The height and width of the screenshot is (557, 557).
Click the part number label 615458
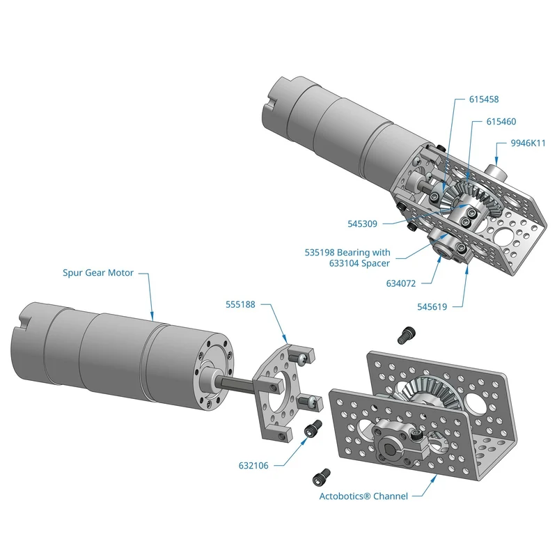tap(484, 99)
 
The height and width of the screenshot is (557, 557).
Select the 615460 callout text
tap(501, 121)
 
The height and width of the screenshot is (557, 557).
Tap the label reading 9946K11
tap(528, 143)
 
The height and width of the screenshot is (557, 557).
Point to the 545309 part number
tap(362, 223)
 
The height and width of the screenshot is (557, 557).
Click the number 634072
tap(401, 283)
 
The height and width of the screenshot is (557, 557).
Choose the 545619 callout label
tap(432, 307)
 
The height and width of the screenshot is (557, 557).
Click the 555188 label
tap(240, 304)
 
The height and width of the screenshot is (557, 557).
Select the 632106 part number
tap(253, 465)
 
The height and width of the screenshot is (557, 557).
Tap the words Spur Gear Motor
tap(98, 273)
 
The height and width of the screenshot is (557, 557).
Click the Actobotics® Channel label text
tap(363, 496)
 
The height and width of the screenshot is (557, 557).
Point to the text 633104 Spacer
tap(359, 263)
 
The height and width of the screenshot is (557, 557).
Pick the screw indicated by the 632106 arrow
tap(313, 428)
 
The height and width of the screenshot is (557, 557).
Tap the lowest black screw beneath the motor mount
tap(322, 477)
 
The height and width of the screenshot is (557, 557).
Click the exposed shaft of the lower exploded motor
tap(236, 384)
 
